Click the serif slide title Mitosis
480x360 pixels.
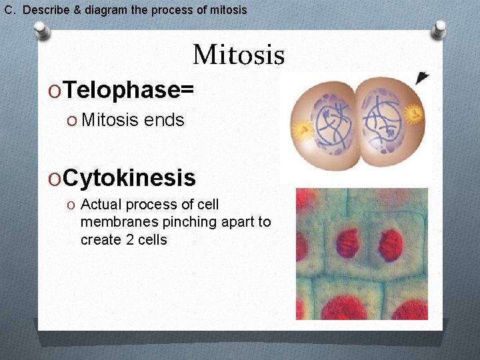coord(239,55)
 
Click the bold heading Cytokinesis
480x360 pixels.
coord(130,178)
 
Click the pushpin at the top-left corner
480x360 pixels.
coord(41,29)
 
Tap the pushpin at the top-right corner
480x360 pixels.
coord(439,29)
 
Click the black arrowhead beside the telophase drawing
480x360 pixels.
coord(422,79)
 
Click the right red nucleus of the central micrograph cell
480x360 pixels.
coord(390,245)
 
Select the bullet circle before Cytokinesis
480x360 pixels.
coord(54,179)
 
